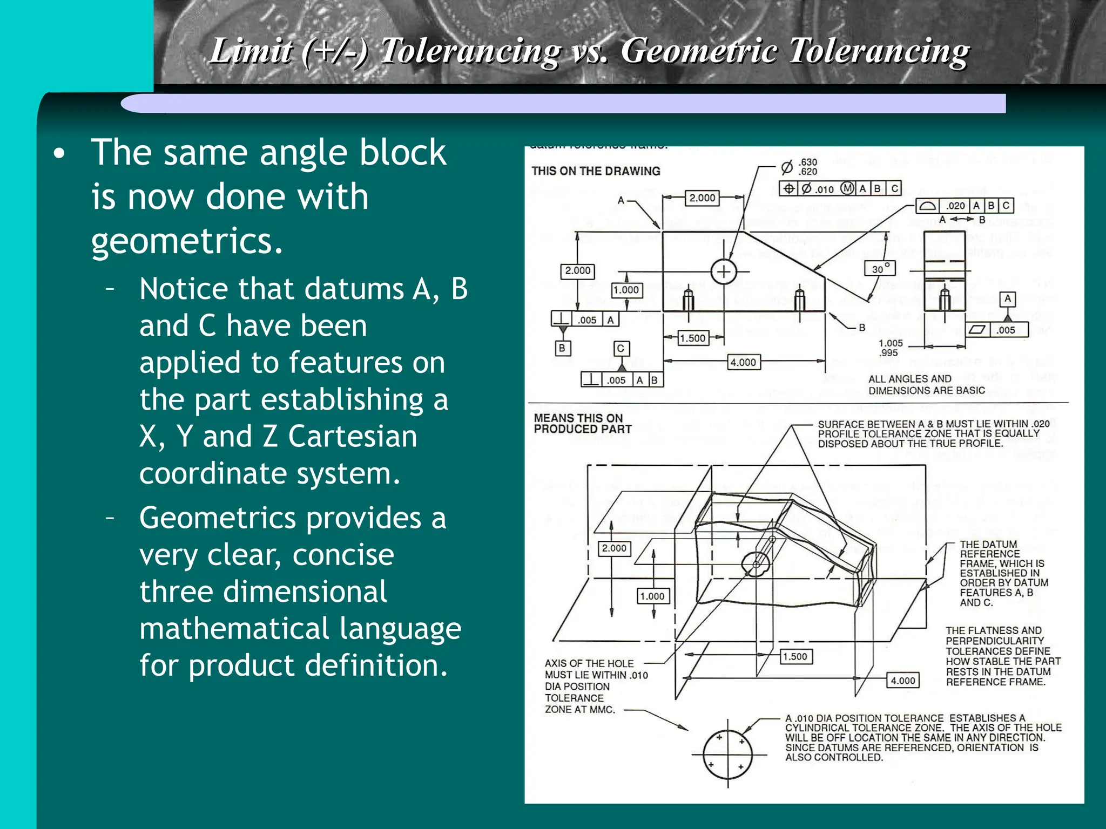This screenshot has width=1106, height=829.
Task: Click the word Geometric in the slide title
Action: coord(699,51)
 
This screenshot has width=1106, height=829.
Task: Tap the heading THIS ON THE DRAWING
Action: coord(596,171)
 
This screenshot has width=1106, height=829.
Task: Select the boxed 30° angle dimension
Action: coord(880,269)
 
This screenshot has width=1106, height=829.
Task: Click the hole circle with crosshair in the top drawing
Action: coord(724,271)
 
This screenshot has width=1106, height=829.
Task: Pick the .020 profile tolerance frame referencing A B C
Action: coord(965,206)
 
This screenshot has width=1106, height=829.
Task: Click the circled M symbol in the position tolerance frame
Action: coord(847,188)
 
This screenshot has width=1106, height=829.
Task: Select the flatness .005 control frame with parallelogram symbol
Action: coord(997,330)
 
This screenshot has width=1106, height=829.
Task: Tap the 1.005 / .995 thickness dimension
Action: coord(890,348)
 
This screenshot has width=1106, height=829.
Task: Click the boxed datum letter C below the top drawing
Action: coord(621,349)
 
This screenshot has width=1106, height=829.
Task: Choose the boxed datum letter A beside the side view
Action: coord(1007,298)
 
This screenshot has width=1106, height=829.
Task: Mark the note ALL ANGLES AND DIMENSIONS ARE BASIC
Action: coord(926,384)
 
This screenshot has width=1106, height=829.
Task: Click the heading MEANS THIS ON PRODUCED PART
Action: coord(582,424)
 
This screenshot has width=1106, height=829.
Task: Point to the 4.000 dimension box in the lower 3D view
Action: coord(903,681)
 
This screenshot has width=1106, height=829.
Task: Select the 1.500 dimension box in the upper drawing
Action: coord(692,338)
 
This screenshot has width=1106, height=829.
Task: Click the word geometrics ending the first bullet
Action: coord(187,241)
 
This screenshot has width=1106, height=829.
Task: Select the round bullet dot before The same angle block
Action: coord(59,154)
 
